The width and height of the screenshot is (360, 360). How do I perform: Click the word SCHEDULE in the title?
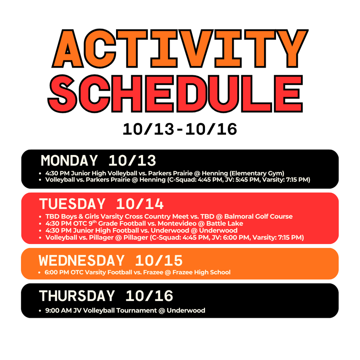pos(176,93)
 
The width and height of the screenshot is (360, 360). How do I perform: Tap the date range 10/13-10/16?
pos(180,129)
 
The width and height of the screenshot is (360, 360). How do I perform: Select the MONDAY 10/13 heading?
pos(98,161)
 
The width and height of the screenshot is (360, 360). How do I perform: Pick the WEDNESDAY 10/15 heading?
pos(111,261)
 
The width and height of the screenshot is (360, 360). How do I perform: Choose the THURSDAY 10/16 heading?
pos(106,296)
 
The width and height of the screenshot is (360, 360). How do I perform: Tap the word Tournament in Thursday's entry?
pos(135,311)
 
